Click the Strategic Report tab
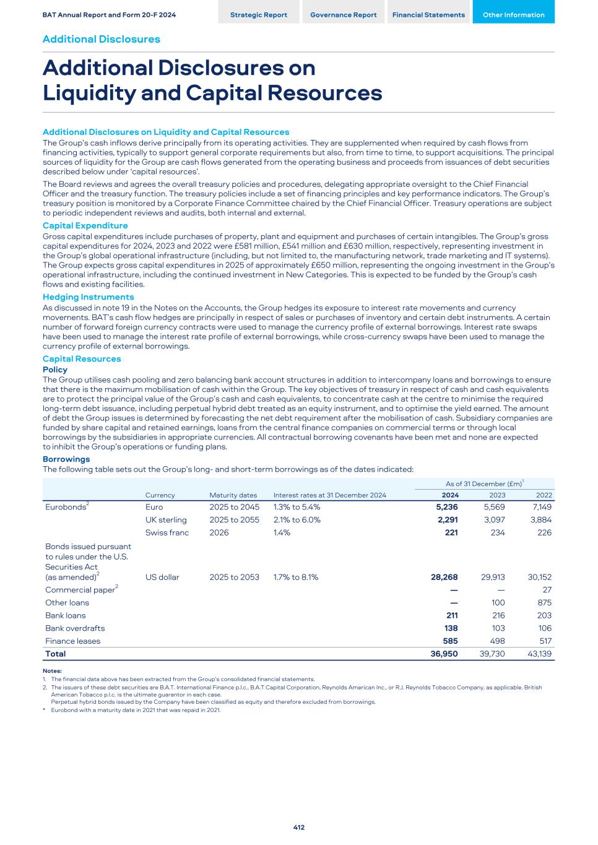click(x=258, y=15)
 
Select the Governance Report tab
click(x=343, y=15)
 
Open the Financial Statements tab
click(x=428, y=15)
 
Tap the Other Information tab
click(x=513, y=15)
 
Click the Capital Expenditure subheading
click(x=85, y=226)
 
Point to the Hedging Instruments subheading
click(x=88, y=298)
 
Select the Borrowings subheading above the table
click(x=66, y=459)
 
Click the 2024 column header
click(x=449, y=495)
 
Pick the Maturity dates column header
click(x=233, y=495)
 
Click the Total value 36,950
click(x=444, y=654)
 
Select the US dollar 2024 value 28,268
click(x=444, y=578)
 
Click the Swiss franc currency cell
click(x=167, y=533)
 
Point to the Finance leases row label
click(x=72, y=641)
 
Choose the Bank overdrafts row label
click(x=75, y=628)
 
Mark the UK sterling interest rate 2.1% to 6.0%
click(x=297, y=520)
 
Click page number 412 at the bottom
click(x=299, y=828)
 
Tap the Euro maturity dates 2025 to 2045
click(x=234, y=508)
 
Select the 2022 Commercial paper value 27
click(x=546, y=590)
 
